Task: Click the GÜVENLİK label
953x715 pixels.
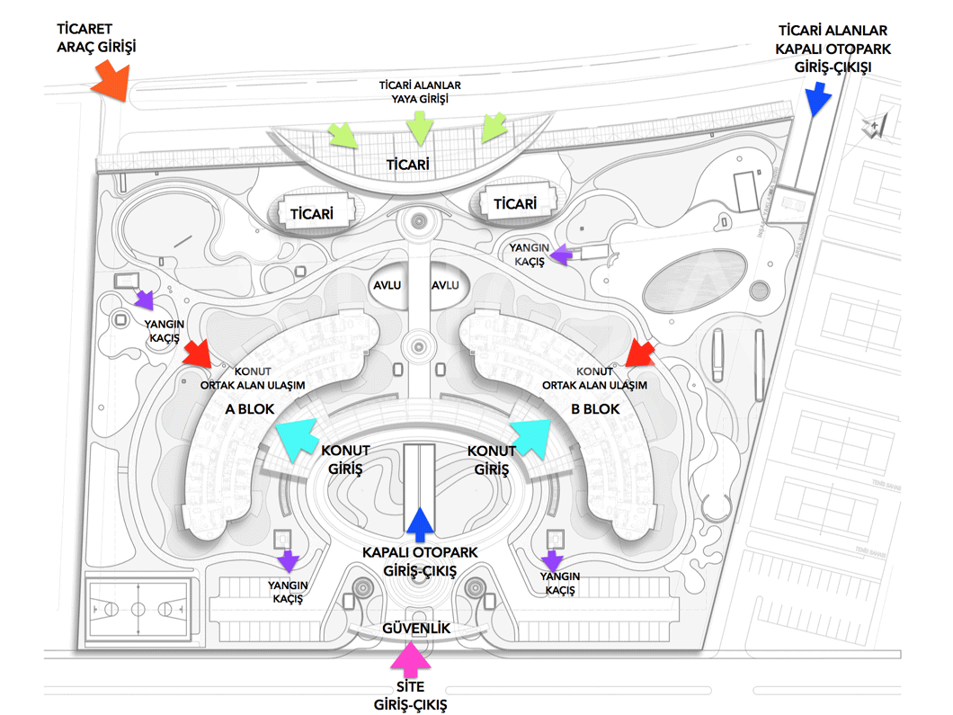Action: pos(416,628)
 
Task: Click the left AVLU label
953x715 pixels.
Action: pos(387,285)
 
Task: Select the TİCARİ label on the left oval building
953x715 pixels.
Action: pos(312,214)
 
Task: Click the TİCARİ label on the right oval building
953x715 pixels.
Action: pos(514,204)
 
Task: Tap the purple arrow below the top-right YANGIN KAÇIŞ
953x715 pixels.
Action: pos(561,255)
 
